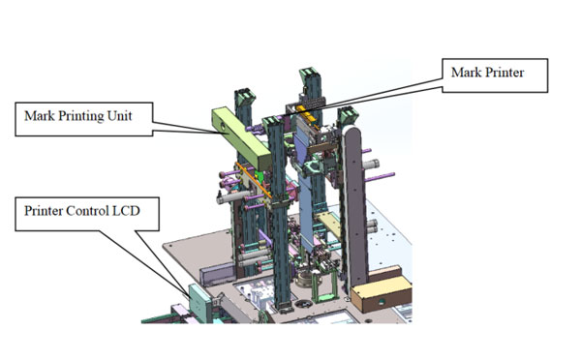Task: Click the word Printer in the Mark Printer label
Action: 505,73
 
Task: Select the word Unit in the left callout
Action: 119,115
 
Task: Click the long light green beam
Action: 240,137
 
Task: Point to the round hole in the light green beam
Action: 223,128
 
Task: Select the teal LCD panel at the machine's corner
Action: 199,304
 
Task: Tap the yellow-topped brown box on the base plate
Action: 381,294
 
